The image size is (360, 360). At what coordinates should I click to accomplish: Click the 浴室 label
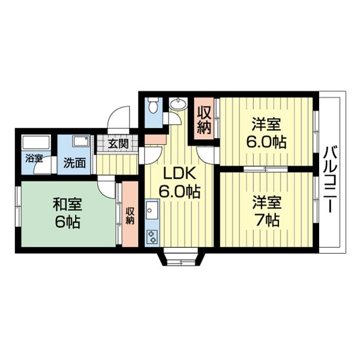click(x=34, y=159)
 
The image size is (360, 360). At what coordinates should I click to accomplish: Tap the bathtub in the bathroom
click(x=35, y=143)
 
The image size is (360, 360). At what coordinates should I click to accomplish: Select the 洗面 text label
click(x=76, y=162)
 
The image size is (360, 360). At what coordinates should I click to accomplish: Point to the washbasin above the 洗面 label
click(x=80, y=143)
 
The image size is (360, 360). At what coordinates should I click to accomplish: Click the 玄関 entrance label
click(x=118, y=144)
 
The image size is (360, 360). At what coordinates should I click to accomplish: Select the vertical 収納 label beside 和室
click(x=130, y=214)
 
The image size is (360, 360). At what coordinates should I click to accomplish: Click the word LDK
click(x=178, y=174)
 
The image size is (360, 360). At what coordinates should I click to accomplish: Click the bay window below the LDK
click(x=181, y=259)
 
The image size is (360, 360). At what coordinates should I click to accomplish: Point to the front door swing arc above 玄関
click(x=121, y=118)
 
